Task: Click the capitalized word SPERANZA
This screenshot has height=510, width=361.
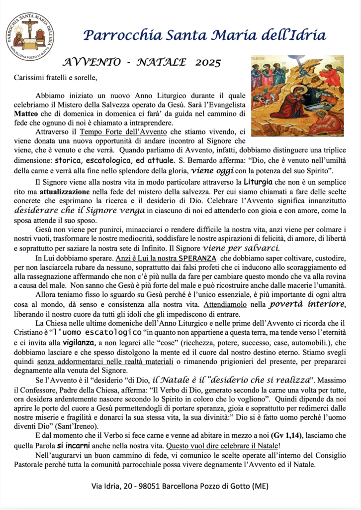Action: pos(197,258)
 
